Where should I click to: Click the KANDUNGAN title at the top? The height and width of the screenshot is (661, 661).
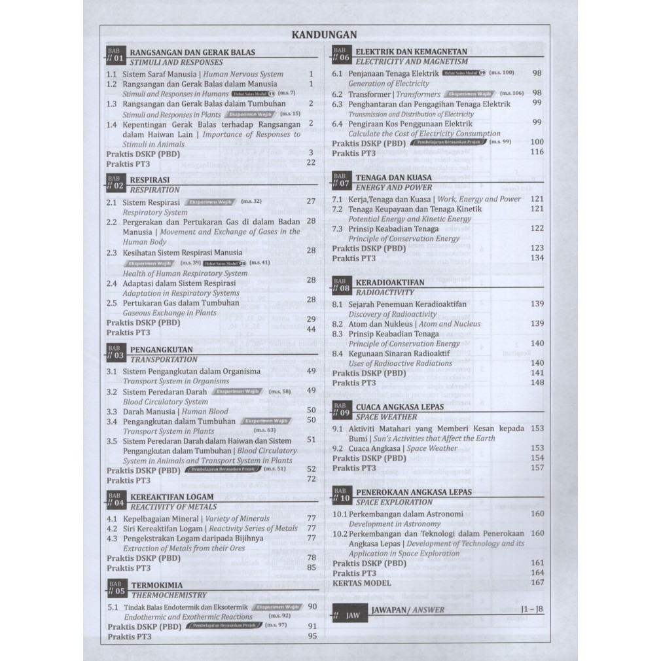[324, 35]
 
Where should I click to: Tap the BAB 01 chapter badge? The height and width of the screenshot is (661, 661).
[115, 56]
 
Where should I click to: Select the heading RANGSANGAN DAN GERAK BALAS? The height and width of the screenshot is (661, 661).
[192, 52]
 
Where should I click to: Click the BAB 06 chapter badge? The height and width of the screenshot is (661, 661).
[340, 54]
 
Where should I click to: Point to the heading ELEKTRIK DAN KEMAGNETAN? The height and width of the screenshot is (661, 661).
[411, 51]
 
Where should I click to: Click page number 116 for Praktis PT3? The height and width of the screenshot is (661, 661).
[537, 152]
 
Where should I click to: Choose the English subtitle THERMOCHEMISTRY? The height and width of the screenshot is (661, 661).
[169, 596]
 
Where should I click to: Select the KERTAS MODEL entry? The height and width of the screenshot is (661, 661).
[361, 582]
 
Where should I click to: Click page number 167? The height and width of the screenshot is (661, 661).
[537, 582]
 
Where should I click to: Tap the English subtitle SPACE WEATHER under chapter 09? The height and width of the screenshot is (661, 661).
[386, 417]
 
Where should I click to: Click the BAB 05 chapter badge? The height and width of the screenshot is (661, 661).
[115, 589]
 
